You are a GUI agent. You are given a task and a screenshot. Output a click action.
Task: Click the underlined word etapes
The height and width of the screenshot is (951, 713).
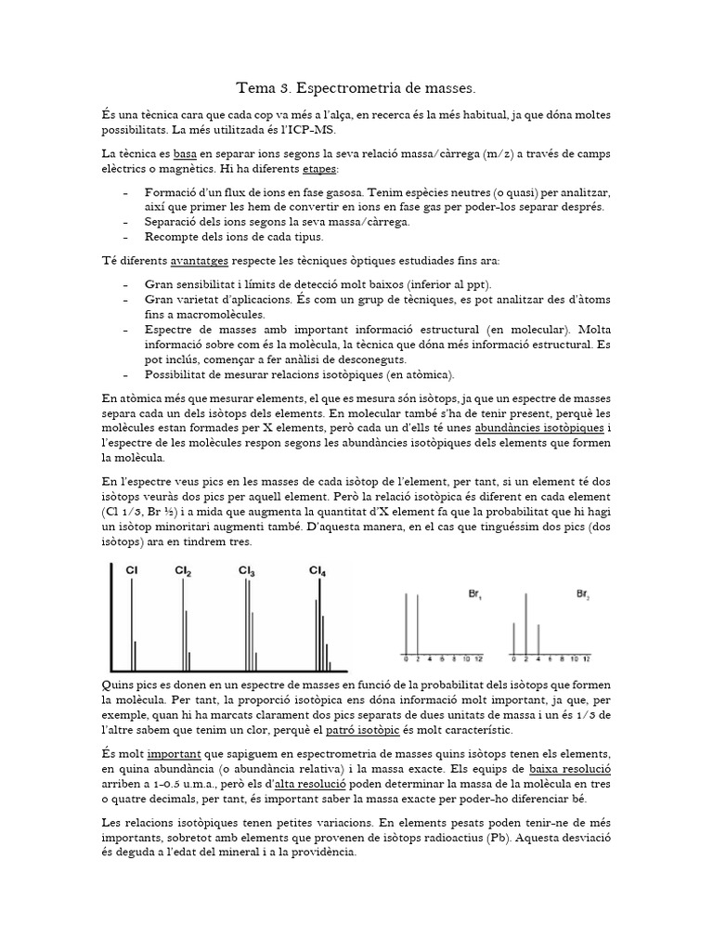320,169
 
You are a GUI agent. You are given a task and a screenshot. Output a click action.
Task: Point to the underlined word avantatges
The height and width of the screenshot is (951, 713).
201,260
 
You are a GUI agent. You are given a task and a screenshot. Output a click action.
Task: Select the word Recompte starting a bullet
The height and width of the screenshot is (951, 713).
177,237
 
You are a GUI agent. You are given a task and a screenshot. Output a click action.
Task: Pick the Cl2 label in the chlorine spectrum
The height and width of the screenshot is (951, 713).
184,572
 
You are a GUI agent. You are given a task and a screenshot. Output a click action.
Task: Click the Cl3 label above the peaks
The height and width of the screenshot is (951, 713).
247,571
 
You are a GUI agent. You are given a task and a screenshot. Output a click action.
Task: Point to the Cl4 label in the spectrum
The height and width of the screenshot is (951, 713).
318,571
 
